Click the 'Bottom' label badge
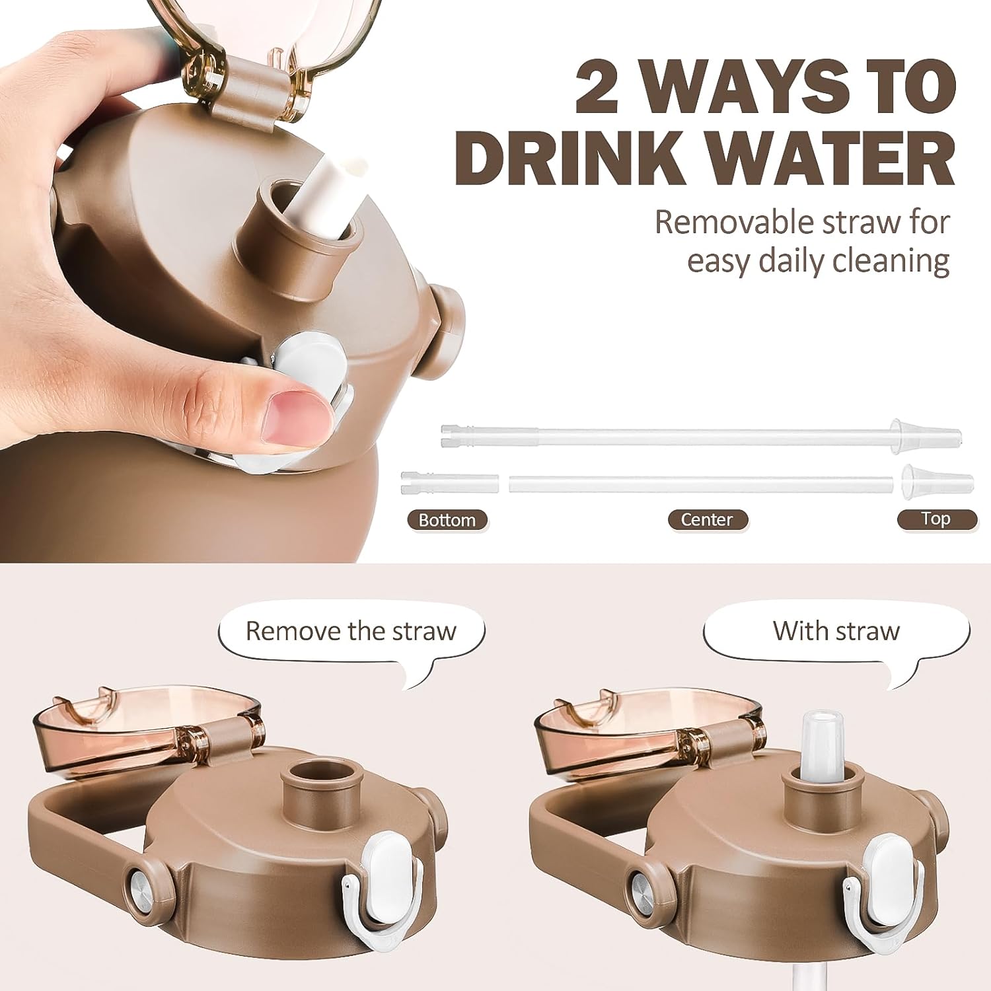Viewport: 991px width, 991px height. (x=447, y=520)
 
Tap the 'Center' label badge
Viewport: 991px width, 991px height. (x=707, y=519)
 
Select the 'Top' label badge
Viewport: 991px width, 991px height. (x=937, y=519)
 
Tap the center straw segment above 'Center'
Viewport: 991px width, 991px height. (x=703, y=483)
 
